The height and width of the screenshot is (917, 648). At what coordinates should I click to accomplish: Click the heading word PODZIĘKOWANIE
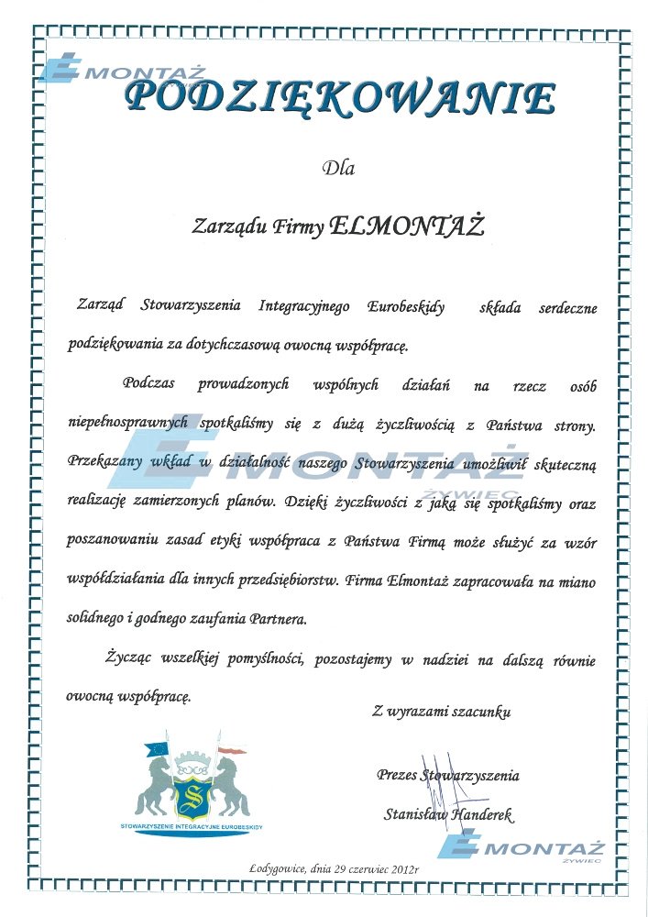point(340,99)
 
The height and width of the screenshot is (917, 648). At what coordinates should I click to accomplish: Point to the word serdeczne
point(565,309)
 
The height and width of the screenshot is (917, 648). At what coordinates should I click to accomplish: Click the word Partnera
point(278,619)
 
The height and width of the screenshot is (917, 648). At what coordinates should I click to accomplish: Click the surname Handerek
point(483,813)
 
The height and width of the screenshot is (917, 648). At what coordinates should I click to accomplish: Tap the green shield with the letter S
point(193,793)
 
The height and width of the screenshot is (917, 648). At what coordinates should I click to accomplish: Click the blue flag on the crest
point(156,748)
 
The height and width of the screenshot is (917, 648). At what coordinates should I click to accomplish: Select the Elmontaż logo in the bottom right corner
point(519,849)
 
